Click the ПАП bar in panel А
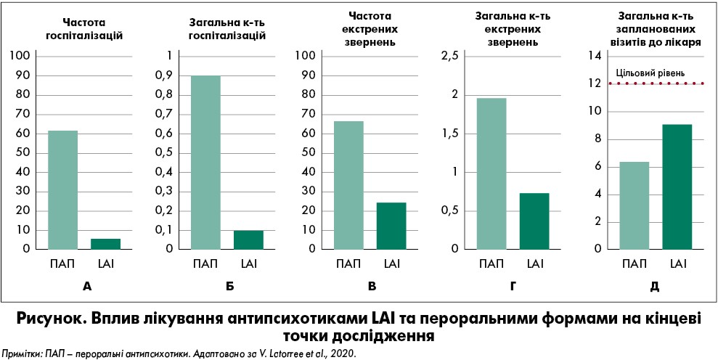63,189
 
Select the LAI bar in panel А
106,243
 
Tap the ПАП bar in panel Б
205,162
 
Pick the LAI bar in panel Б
248,240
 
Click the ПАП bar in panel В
348,184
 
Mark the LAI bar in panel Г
534,221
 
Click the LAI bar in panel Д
677,186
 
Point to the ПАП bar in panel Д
634,205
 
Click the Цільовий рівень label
650,73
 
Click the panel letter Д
655,286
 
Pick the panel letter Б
229,286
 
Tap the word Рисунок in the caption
53,320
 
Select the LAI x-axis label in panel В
391,263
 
